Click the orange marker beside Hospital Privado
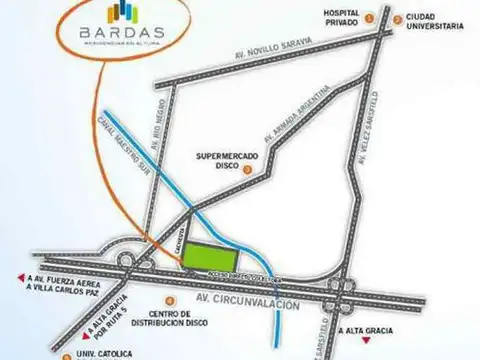click(x=369, y=17)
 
